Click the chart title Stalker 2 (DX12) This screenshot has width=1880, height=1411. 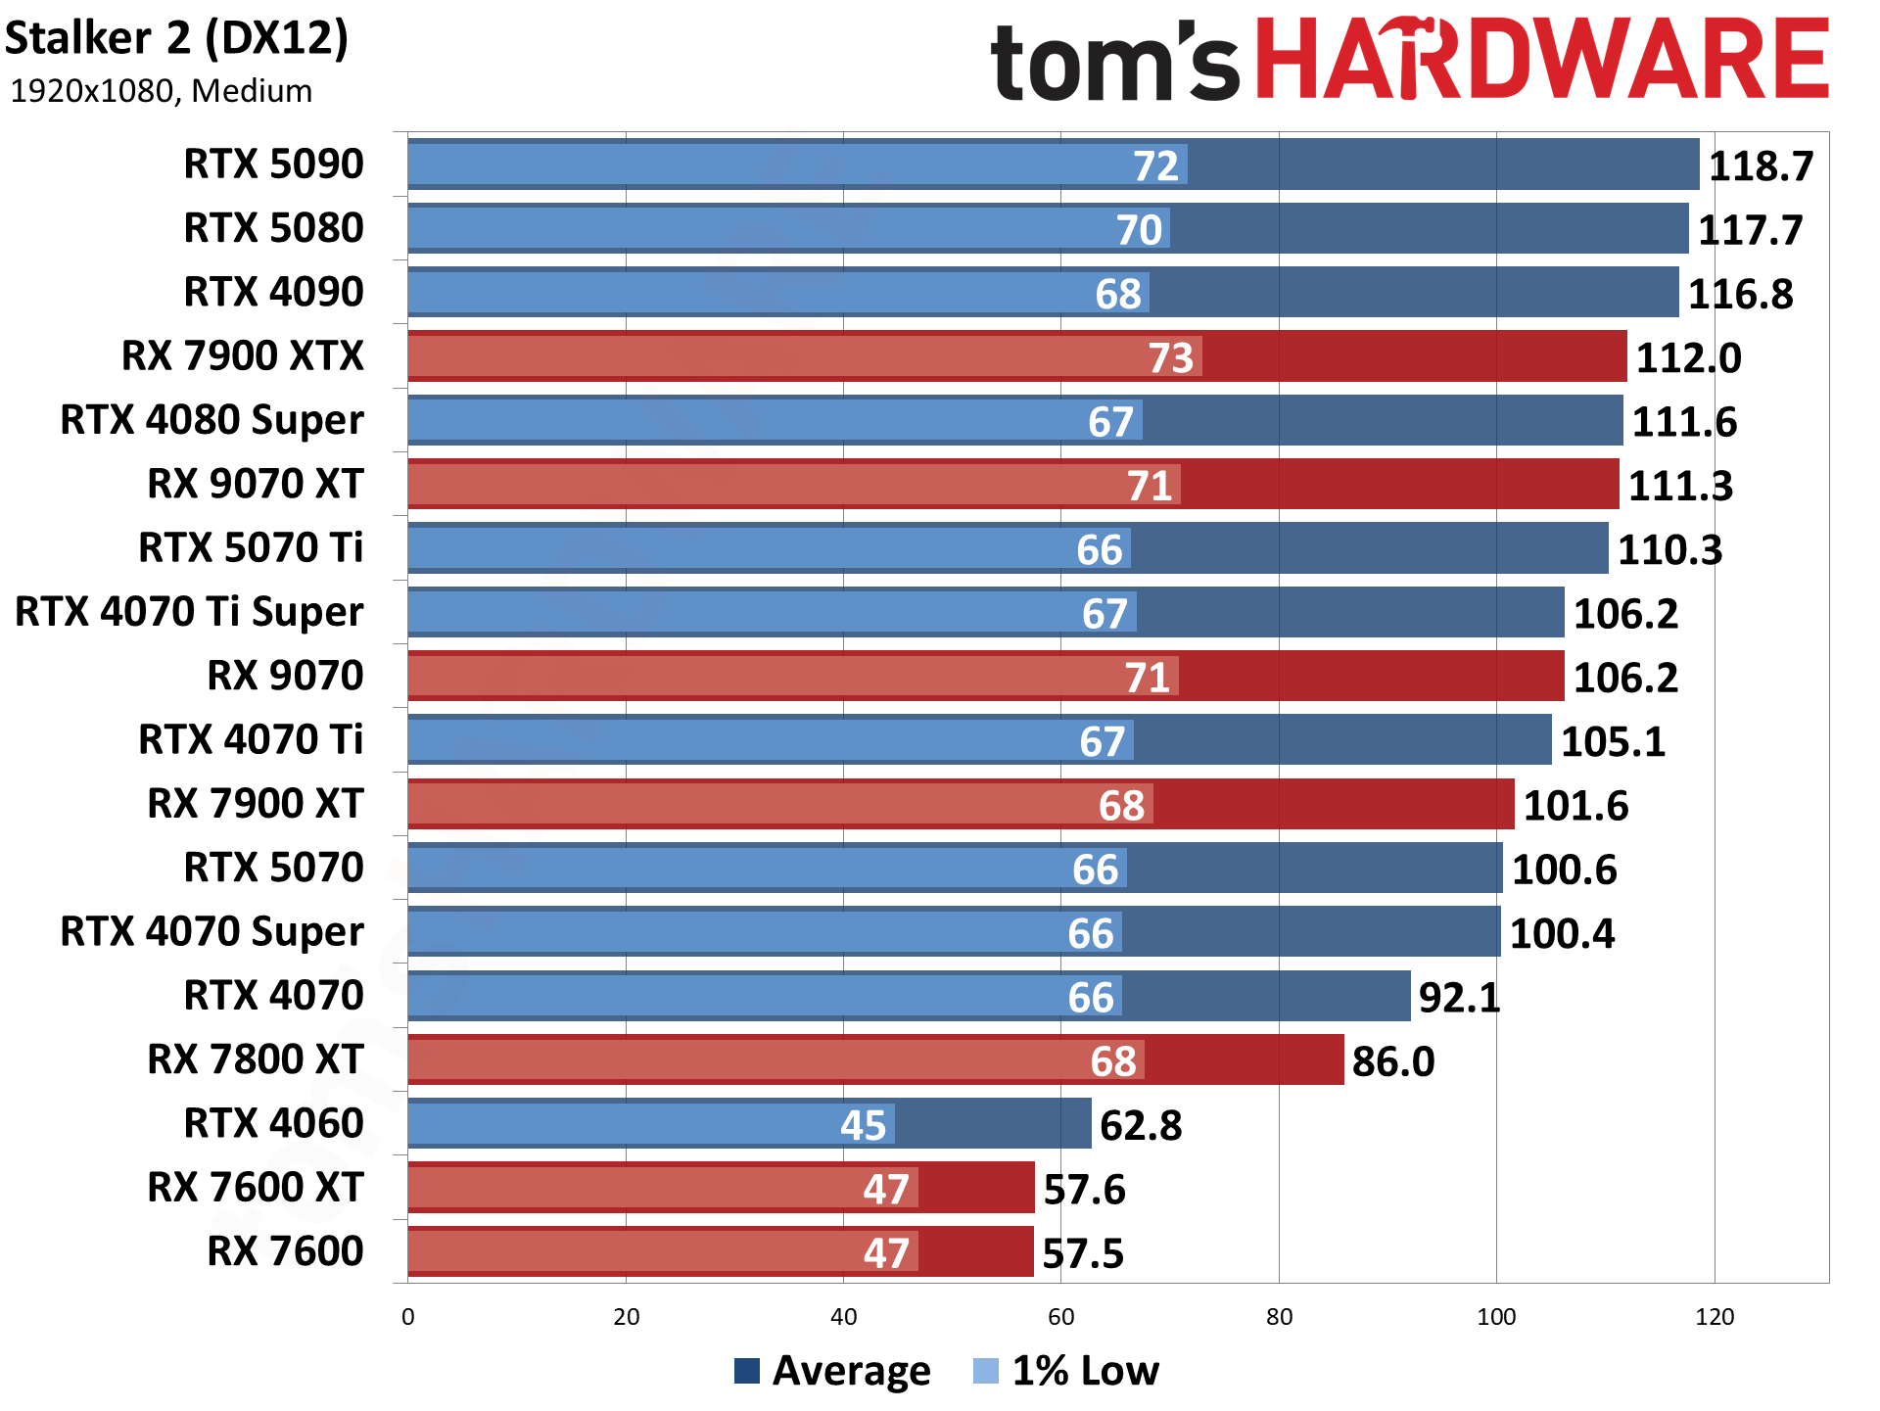[176, 39]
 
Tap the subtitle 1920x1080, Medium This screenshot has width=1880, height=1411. [161, 91]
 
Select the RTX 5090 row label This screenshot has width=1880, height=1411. [273, 164]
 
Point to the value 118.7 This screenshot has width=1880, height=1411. [1761, 166]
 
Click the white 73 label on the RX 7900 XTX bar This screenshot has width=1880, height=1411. [1170, 357]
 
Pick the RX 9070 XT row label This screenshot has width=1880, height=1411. [255, 484]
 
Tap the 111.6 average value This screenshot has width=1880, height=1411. [1683, 422]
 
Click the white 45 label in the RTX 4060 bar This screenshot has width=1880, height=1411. [863, 1125]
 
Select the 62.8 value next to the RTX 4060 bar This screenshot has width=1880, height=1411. [1141, 1125]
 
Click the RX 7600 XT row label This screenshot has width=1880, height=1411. [255, 1187]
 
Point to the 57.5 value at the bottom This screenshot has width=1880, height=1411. [1082, 1253]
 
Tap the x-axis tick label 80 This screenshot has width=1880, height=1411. [1279, 1317]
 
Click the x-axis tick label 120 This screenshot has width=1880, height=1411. [1714, 1317]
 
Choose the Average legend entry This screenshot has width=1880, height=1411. [832, 1371]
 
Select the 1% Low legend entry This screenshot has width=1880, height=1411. [1066, 1371]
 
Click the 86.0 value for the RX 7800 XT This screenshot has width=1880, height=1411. [1392, 1061]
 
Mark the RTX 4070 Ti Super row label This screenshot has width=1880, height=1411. [189, 612]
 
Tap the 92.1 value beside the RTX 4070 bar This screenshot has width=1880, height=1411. [1459, 998]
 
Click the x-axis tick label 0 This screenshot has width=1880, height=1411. [408, 1317]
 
